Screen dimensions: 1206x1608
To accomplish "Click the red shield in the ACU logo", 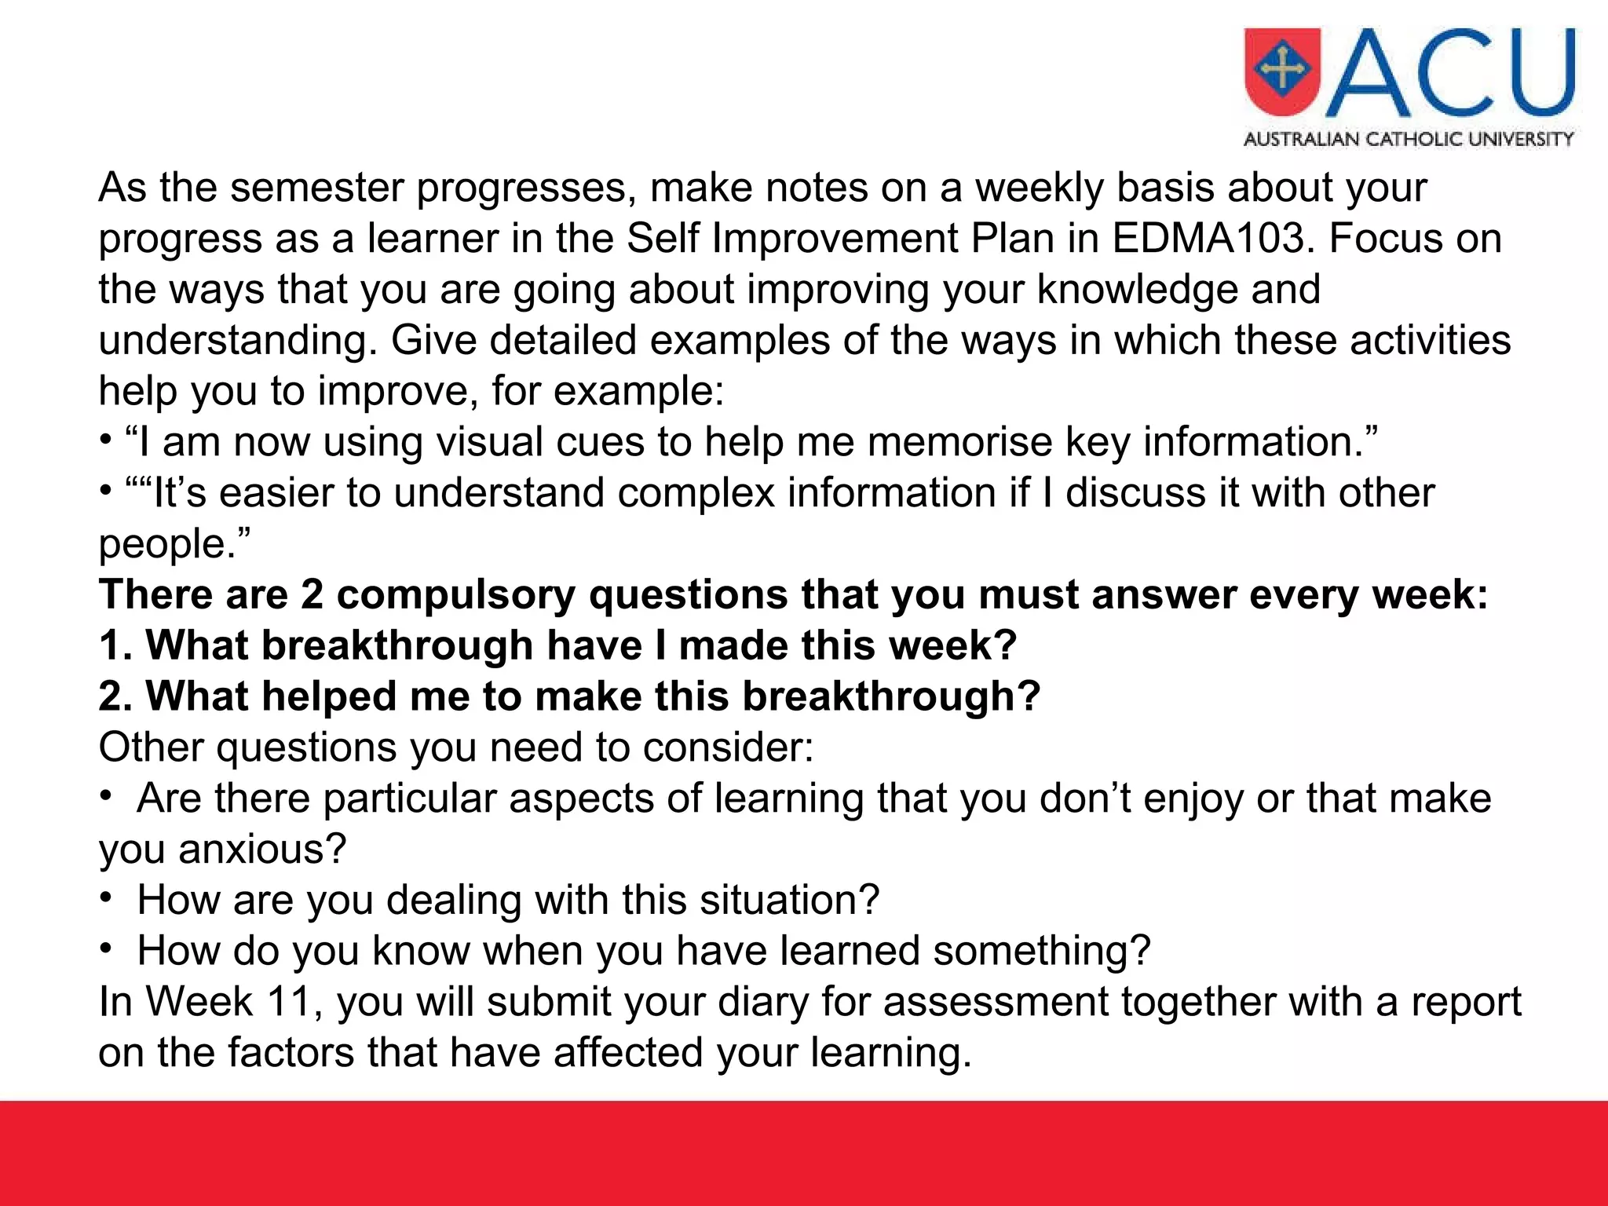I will (1282, 71).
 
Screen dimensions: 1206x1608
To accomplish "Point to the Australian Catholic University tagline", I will (1409, 140).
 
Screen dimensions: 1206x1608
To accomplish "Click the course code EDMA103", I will (1212, 239).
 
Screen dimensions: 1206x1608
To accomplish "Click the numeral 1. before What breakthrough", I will (115, 646).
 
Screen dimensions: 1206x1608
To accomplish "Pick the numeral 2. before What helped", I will (115, 697).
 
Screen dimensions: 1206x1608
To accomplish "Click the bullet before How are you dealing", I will (106, 897).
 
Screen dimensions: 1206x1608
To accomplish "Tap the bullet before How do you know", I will (106, 948).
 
